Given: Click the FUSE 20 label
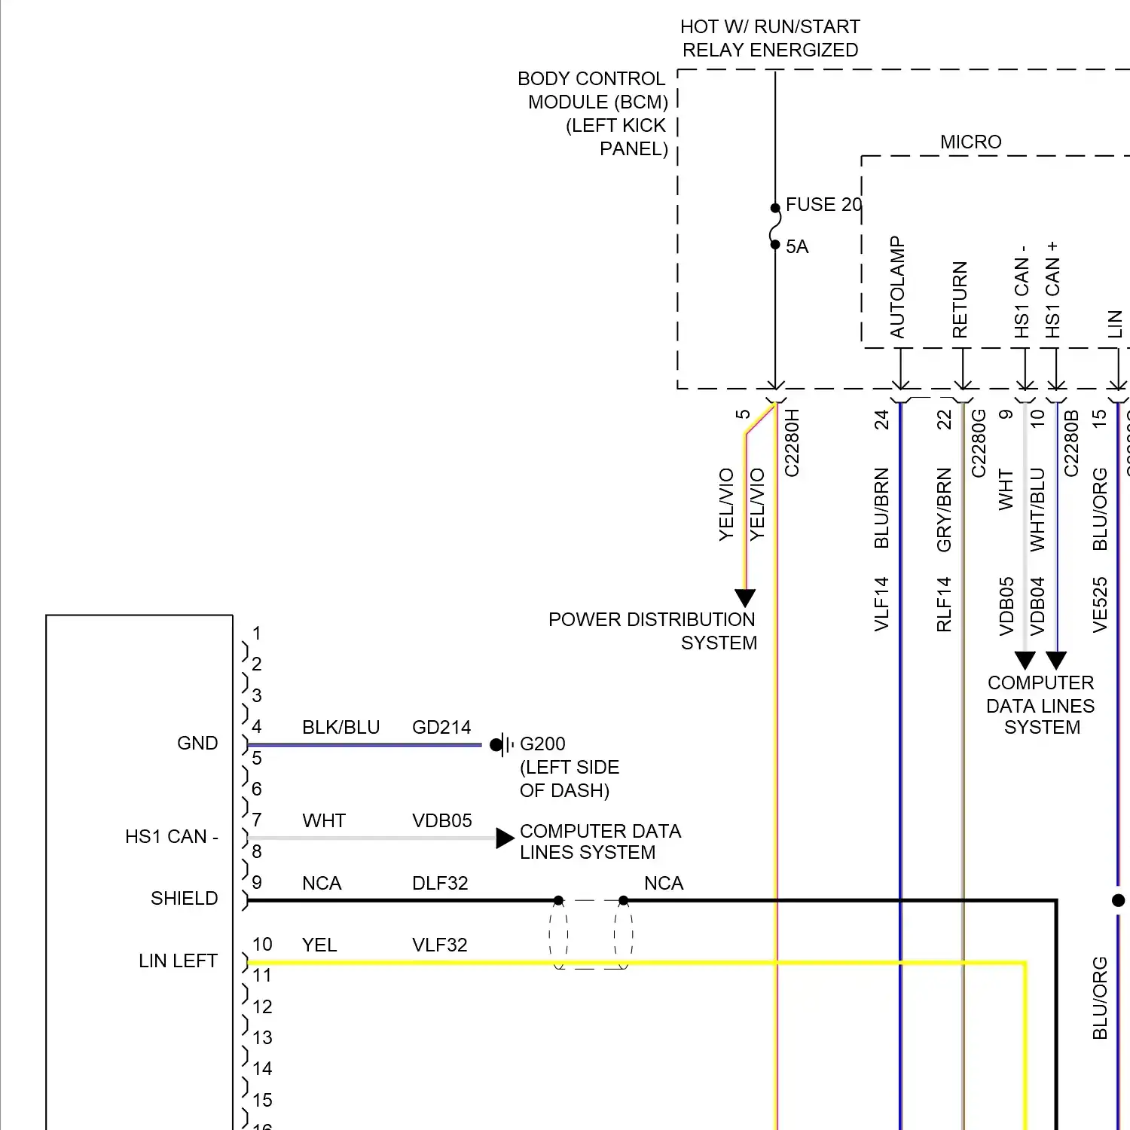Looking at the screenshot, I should point(823,205).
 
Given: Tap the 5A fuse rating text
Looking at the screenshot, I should point(797,247).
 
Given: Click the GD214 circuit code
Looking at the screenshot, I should point(441,728).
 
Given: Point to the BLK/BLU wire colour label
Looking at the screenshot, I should point(341,728).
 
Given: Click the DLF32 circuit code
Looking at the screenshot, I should point(440,884).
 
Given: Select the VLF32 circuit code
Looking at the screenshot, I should point(440,945).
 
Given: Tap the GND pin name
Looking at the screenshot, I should point(197,744).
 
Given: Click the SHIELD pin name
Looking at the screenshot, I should point(184,899).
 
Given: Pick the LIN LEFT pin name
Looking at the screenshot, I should point(178,961).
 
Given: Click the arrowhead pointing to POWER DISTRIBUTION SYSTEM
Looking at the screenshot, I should point(745,598).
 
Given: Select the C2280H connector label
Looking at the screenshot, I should point(792,443).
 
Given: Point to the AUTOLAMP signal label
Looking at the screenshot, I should point(897,288).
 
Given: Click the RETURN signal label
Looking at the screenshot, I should point(960,300).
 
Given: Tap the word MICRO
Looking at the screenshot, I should point(970,142).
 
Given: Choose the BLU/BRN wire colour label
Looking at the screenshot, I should point(881,508).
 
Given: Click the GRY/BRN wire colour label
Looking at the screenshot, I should point(944,510).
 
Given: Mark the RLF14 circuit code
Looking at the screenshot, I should point(944,604).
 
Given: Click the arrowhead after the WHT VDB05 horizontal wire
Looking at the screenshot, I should point(505,838).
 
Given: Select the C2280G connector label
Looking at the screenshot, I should point(979,443).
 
